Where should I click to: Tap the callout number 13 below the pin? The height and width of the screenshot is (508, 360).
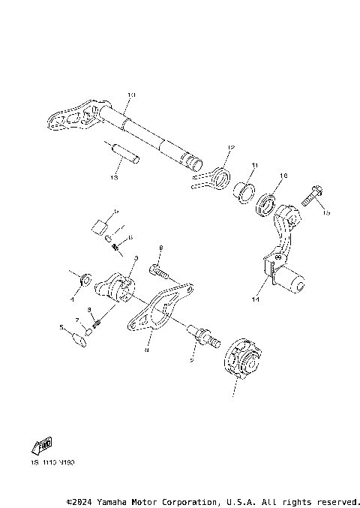tap(115, 179)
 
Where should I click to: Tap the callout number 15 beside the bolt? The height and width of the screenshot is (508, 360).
tap(326, 213)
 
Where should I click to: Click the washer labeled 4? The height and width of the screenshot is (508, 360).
tap(86, 280)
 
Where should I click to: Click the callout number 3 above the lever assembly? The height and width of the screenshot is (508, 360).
tap(135, 258)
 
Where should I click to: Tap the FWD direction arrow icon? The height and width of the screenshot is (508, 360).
tap(40, 447)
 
